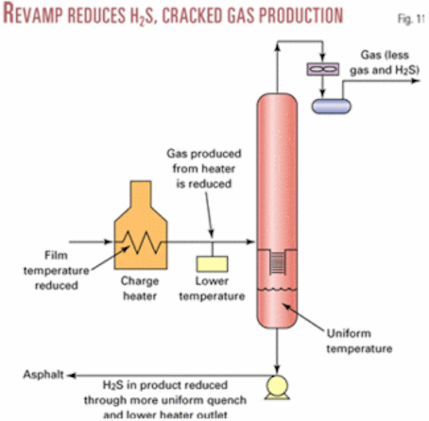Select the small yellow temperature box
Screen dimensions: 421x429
[x=212, y=263]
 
